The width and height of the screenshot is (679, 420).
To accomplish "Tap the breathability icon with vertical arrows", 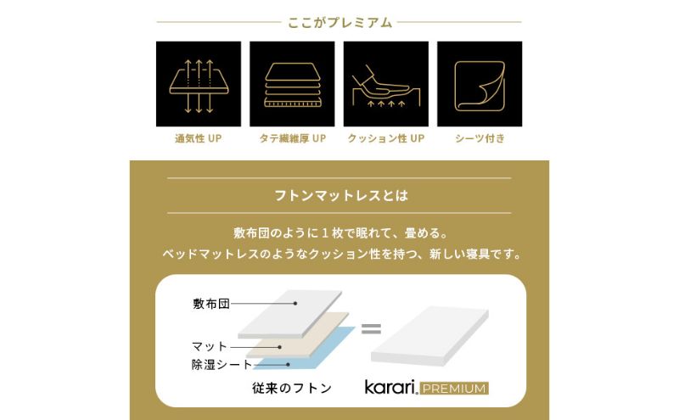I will (198, 82).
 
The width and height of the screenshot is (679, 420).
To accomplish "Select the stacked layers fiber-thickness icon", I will (292, 82).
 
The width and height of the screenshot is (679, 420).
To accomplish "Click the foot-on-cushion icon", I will (385, 82).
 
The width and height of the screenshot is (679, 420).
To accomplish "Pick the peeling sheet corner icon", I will (480, 82).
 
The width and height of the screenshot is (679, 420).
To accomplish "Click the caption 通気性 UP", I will (198, 137).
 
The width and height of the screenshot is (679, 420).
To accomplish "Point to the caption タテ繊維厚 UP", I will (292, 137).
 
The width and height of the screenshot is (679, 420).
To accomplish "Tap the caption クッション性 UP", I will (385, 137).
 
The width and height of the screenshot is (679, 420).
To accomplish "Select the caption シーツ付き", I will (480, 137).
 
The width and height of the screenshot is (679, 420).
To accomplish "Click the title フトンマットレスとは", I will (339, 195).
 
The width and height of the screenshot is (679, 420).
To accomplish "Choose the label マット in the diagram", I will (210, 346).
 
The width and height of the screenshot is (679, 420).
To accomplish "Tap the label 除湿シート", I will (222, 365).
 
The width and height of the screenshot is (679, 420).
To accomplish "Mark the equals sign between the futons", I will (371, 328).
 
